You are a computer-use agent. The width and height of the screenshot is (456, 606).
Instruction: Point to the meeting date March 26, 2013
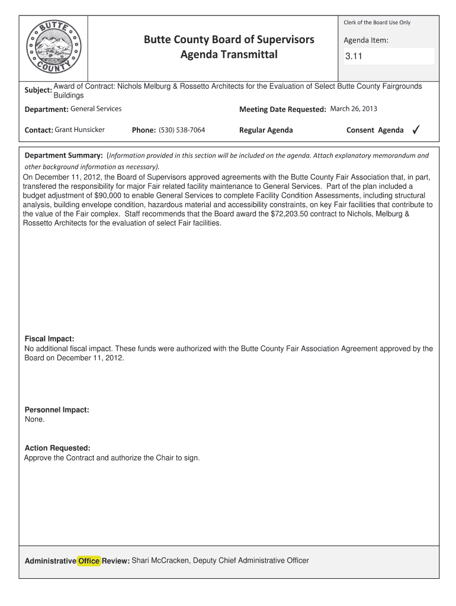354,109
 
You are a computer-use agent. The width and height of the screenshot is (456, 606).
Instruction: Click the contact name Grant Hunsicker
80,130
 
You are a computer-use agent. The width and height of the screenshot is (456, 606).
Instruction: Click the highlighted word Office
89,561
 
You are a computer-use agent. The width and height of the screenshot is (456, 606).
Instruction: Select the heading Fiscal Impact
49,339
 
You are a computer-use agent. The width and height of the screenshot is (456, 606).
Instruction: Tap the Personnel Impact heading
57,410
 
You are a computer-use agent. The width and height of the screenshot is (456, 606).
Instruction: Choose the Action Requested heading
57,448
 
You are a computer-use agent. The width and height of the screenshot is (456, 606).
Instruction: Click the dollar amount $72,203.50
293,214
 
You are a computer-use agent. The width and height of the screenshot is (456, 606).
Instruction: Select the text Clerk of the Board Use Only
377,22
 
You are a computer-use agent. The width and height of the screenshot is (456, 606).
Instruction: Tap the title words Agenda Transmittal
229,56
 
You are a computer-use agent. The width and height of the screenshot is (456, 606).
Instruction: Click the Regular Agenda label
266,130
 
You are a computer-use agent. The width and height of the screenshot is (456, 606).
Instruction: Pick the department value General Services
96,109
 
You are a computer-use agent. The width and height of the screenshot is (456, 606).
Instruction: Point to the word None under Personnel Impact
34,420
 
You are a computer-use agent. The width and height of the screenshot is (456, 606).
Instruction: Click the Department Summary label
63,156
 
